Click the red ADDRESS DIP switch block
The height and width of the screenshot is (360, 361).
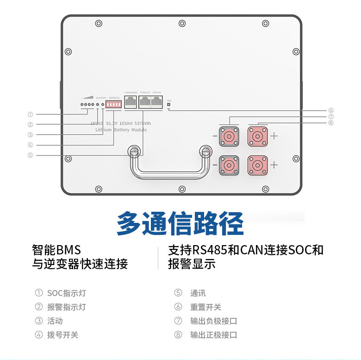113,105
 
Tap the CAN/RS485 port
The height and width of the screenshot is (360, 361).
131,103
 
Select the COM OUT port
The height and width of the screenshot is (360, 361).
145,103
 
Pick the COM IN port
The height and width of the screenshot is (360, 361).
156,103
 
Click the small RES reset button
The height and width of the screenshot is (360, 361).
168,105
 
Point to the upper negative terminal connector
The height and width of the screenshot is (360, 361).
229,136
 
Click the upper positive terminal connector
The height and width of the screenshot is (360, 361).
257,136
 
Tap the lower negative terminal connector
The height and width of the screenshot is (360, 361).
229,165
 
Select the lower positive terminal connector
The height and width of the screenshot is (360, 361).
257,165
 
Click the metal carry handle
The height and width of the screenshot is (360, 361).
169,175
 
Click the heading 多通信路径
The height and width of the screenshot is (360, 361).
180,224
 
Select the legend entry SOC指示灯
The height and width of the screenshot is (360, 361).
66,293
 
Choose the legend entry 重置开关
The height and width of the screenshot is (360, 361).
205,307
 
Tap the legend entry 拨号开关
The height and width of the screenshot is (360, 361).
62,335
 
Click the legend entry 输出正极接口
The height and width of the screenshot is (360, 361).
213,335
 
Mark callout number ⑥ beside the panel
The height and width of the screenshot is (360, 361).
331,111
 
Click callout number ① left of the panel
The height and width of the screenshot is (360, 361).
30,114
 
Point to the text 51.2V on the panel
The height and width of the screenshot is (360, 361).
112,123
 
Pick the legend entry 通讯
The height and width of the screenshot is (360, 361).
198,293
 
